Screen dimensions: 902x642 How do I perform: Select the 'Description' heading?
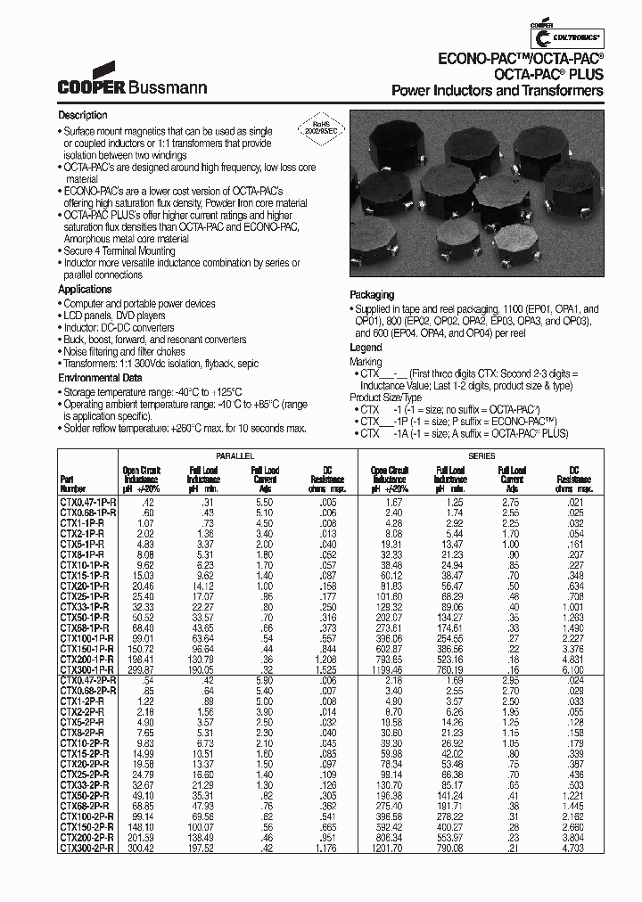[x=83, y=116]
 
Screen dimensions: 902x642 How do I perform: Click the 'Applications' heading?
[x=85, y=290]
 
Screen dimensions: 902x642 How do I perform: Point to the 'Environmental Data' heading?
[x=100, y=377]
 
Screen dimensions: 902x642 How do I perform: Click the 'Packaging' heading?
[x=372, y=295]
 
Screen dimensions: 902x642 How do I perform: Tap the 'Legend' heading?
[x=366, y=348]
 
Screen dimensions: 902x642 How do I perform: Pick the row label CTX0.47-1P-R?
[x=86, y=503]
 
